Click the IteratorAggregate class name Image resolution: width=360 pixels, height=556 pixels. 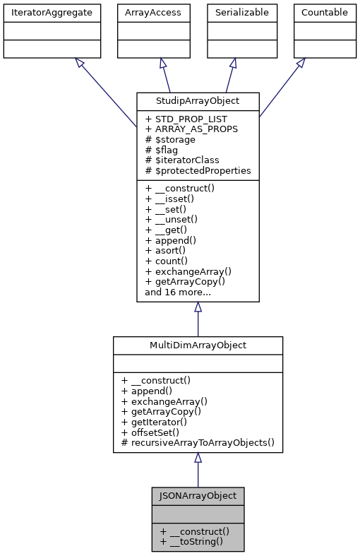[x=52, y=12]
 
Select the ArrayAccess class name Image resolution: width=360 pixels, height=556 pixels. [x=152, y=12]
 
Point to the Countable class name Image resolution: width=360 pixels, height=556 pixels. [x=324, y=12]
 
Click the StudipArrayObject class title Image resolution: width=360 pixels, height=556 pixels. [x=198, y=100]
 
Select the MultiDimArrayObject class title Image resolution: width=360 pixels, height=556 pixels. [x=198, y=344]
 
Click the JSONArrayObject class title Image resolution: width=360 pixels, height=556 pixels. [x=198, y=495]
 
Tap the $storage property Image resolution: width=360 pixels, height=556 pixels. [x=172, y=139]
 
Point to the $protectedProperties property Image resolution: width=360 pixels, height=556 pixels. [x=198, y=170]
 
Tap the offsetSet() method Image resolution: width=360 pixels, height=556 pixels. [x=155, y=432]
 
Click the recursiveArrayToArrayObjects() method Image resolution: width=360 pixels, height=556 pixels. [x=198, y=442]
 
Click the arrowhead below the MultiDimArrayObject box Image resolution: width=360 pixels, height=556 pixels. [x=198, y=459]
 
